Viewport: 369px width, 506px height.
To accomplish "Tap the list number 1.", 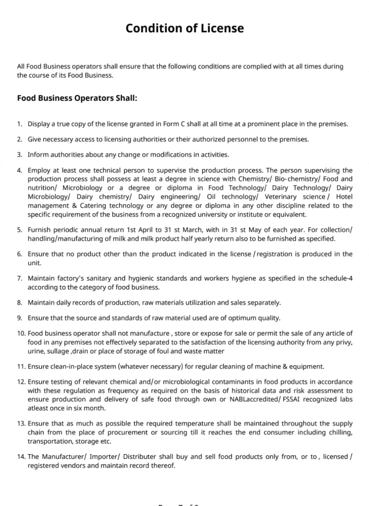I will (20, 124).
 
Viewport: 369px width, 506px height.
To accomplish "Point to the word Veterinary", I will (280, 197).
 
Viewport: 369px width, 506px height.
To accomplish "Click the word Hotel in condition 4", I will (344, 197).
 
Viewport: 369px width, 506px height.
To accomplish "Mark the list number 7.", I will (20, 279).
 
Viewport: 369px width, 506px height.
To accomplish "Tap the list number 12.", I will (21, 382).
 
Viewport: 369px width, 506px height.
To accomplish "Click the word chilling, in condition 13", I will (340, 433).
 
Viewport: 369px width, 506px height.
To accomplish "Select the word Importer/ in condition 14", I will (104, 457).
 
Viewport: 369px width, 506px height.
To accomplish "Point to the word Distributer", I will (140, 457).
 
